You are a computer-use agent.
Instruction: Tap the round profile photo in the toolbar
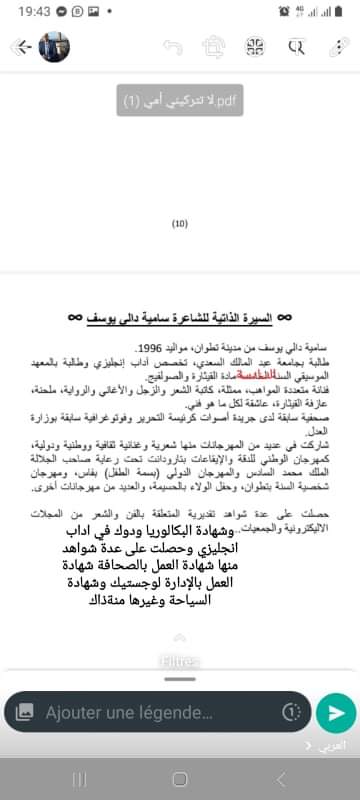tap(53, 47)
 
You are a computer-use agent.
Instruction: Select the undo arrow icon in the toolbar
tap(172, 47)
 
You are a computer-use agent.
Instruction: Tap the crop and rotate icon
tap(212, 47)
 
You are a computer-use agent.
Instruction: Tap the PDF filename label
tap(179, 102)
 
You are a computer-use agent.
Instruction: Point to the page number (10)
tap(180, 224)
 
